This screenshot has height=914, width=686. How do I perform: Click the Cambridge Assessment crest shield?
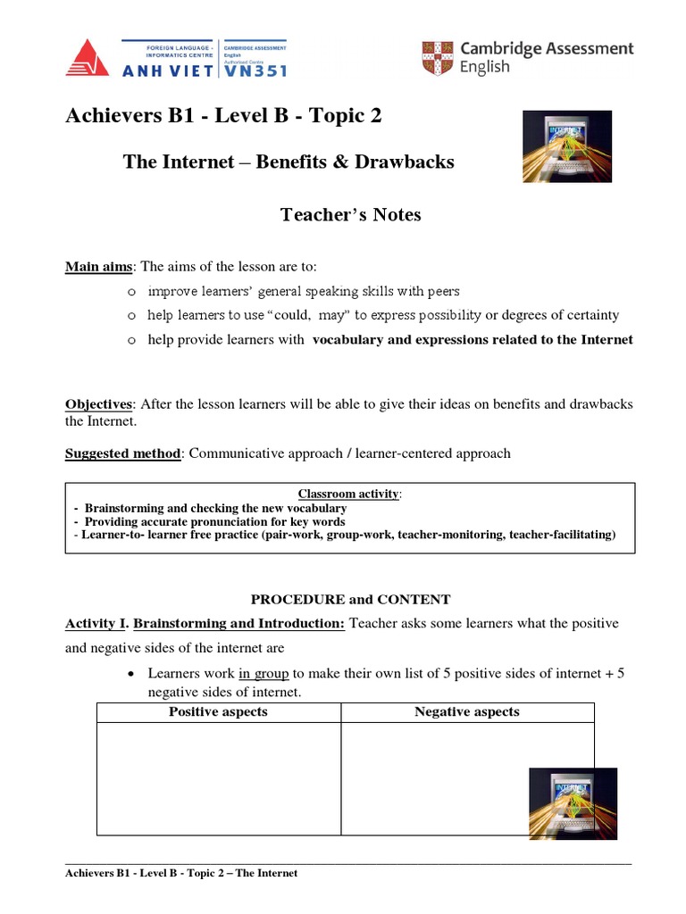point(437,58)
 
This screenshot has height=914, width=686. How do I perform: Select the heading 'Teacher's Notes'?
point(350,215)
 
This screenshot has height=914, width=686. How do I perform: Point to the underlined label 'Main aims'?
point(98,267)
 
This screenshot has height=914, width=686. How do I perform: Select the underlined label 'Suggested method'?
point(122,453)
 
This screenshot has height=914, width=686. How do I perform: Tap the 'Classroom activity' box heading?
point(349,494)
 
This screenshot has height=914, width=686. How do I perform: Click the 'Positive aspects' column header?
point(218,712)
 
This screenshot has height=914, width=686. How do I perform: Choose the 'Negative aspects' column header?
point(467,712)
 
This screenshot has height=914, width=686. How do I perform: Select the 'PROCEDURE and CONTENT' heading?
point(350,600)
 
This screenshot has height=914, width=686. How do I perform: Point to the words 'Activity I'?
point(96,623)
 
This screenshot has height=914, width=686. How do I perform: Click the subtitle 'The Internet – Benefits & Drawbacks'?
point(289,162)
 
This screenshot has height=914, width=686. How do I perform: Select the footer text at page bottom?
point(181,873)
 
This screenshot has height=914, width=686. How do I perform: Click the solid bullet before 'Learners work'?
point(132,674)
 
